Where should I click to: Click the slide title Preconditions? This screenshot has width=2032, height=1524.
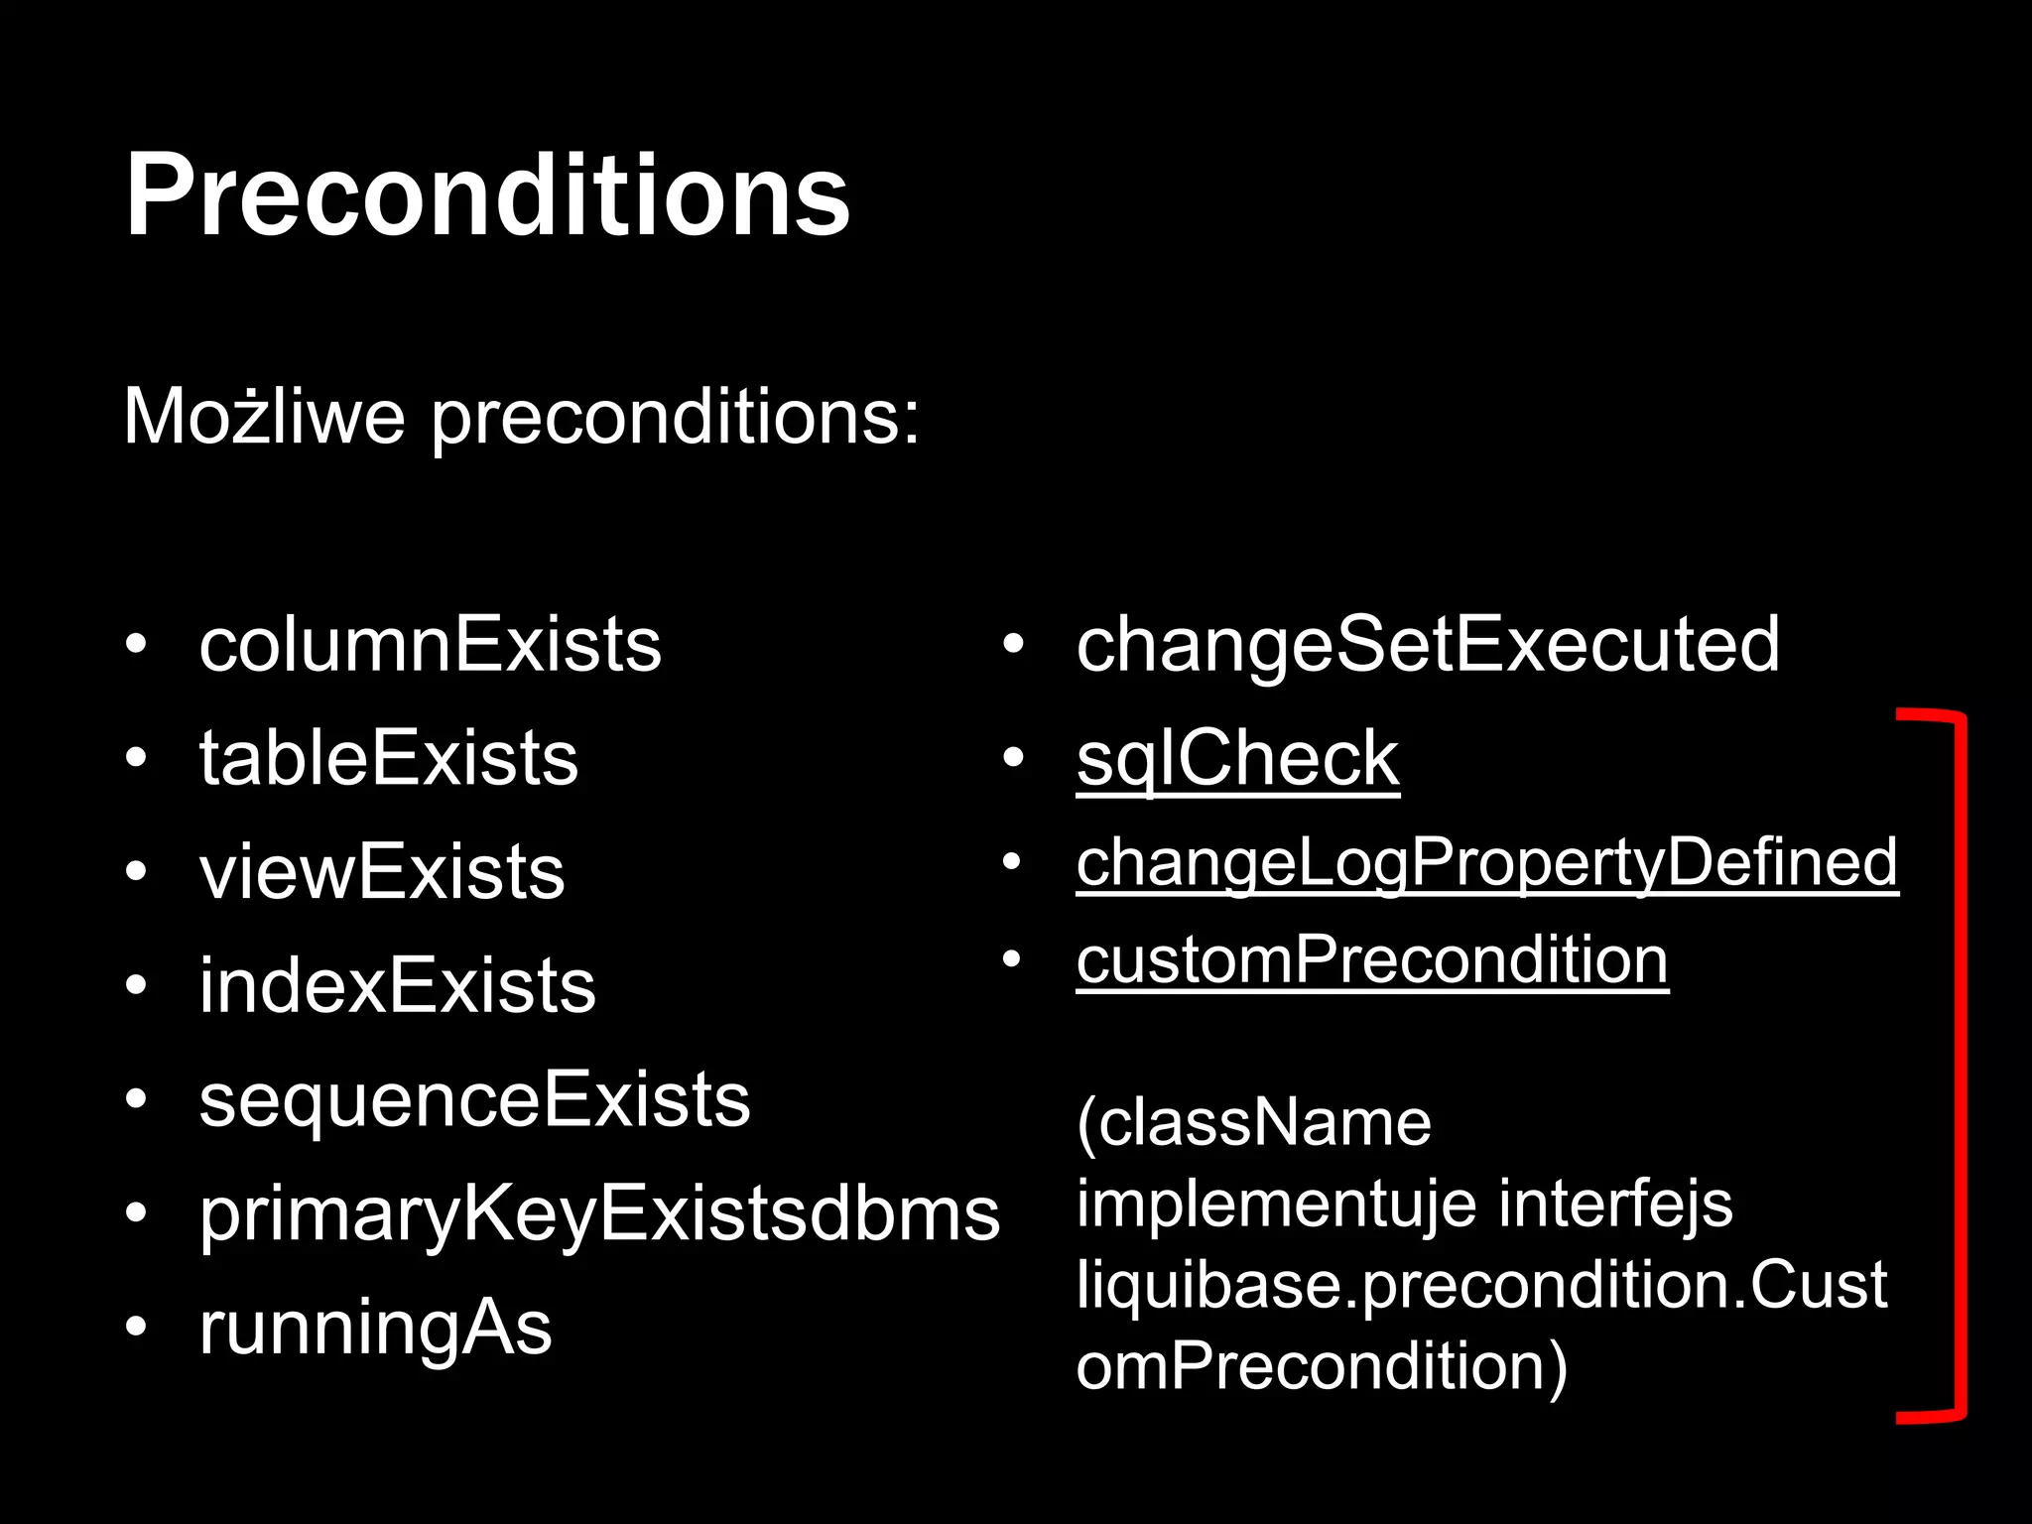pyautogui.click(x=486, y=195)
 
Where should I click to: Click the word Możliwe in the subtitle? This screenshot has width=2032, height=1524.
pyautogui.click(x=264, y=417)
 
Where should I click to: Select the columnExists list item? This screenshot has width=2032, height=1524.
pyautogui.click(x=430, y=645)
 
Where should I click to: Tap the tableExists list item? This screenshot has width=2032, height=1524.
pyautogui.click(x=388, y=759)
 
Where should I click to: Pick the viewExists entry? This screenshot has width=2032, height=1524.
pyautogui.click(x=382, y=872)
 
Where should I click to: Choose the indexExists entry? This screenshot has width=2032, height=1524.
pyautogui.click(x=397, y=986)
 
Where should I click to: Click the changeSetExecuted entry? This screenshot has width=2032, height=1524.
pyautogui.click(x=1428, y=645)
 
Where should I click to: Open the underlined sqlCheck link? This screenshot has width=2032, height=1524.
pyautogui.click(x=1237, y=759)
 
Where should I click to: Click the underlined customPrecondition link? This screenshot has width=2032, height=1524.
pyautogui.click(x=1372, y=959)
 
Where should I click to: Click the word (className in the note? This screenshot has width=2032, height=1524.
pyautogui.click(x=1254, y=1123)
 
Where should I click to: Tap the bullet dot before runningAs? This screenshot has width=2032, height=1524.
pyautogui.click(x=136, y=1328)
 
